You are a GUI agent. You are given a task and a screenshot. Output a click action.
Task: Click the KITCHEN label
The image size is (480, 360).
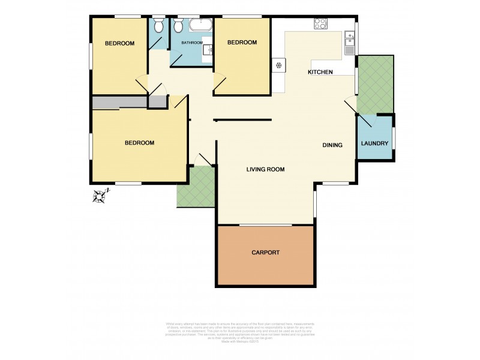(x=320, y=72)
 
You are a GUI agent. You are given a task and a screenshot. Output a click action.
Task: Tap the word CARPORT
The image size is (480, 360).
(x=265, y=253)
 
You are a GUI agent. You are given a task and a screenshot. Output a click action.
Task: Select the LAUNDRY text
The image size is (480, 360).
(x=375, y=143)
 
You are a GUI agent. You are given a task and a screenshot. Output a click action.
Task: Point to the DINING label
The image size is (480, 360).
(x=332, y=145)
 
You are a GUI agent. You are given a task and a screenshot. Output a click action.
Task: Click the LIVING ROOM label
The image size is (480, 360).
(x=265, y=170)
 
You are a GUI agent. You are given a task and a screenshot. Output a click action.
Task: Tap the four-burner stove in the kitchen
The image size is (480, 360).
(x=320, y=25)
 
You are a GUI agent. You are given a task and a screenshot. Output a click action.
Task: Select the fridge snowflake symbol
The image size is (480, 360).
(x=278, y=65)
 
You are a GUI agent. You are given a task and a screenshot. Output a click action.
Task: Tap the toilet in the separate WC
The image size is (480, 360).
(x=158, y=26)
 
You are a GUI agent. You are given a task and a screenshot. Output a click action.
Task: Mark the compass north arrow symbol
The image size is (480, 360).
(x=101, y=196)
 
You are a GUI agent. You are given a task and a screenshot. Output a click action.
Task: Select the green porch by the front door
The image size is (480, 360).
(x=196, y=187)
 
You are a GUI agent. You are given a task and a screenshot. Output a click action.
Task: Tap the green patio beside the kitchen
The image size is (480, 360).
(x=375, y=83)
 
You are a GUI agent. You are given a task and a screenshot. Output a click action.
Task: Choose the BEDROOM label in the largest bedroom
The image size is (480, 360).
(x=139, y=143)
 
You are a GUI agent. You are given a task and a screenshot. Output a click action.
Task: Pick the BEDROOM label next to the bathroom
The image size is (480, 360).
(x=242, y=43)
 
